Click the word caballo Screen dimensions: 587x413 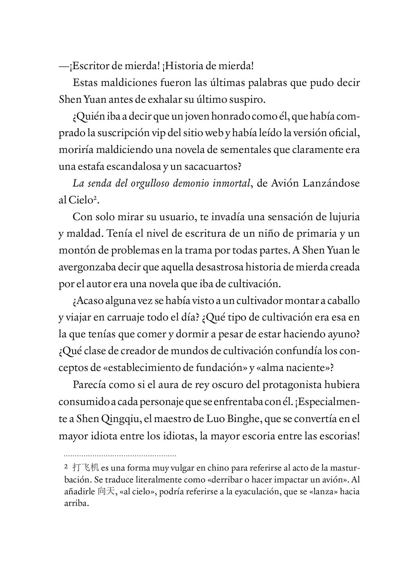coord(341,301)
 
